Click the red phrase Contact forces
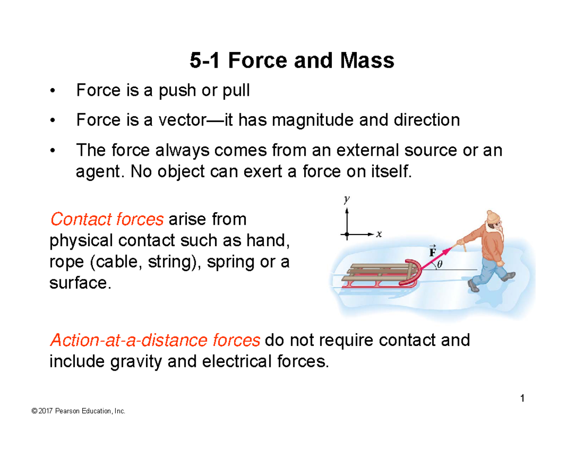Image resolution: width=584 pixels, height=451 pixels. coord(107,220)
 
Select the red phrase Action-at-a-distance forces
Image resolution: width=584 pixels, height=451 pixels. coord(155,340)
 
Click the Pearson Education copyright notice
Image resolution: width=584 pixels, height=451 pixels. coord(78,412)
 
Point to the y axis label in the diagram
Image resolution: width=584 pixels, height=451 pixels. coord(347,199)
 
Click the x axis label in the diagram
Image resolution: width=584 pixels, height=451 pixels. coord(379,234)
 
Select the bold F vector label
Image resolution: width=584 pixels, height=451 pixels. coord(431,252)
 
